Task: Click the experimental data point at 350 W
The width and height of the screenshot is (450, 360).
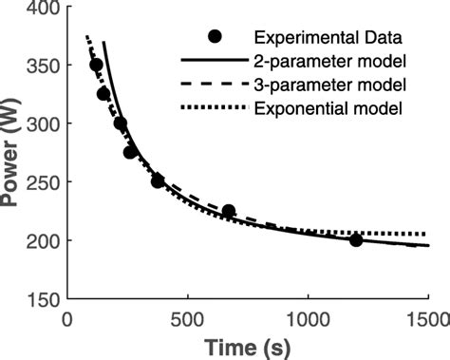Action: (96, 65)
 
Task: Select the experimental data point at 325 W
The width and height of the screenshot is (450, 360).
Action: (103, 94)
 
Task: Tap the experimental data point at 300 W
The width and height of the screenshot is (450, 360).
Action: (120, 123)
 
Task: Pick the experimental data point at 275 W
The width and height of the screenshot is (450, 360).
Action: (131, 152)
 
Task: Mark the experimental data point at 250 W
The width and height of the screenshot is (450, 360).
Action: (158, 181)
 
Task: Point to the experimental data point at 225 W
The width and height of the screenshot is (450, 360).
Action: (229, 211)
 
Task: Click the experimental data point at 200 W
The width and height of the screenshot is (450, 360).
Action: (356, 240)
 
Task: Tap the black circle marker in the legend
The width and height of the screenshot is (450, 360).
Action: (216, 37)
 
